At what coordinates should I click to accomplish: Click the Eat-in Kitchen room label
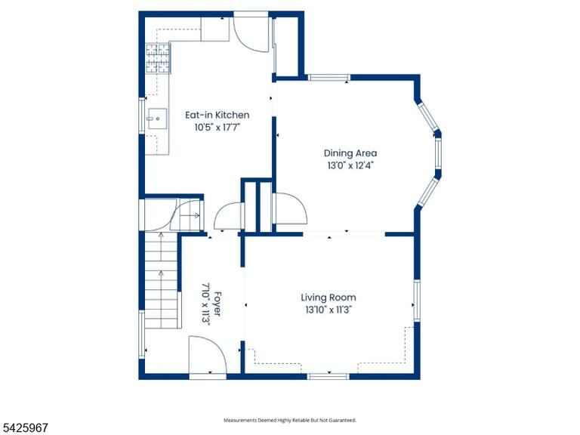click(x=217, y=115)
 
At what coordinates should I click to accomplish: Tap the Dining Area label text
click(x=350, y=153)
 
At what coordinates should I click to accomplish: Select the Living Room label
click(x=328, y=298)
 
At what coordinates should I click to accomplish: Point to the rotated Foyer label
click(x=217, y=304)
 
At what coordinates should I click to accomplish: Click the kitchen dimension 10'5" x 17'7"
click(x=217, y=128)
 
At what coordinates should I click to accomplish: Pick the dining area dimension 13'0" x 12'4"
click(x=350, y=165)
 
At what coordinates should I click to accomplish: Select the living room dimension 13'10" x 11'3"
click(x=328, y=310)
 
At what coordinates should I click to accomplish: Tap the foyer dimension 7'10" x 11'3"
click(x=206, y=304)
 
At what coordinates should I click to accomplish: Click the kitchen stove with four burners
click(x=158, y=58)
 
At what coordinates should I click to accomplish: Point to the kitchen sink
click(x=157, y=119)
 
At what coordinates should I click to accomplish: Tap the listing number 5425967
click(x=24, y=428)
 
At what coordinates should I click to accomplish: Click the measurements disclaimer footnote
click(x=290, y=420)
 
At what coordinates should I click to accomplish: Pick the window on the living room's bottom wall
click(x=328, y=377)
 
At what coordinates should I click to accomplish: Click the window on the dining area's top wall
click(x=329, y=78)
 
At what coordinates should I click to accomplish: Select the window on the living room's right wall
click(x=417, y=301)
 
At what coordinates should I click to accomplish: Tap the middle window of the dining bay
click(x=438, y=153)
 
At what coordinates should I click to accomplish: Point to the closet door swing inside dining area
click(x=290, y=209)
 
